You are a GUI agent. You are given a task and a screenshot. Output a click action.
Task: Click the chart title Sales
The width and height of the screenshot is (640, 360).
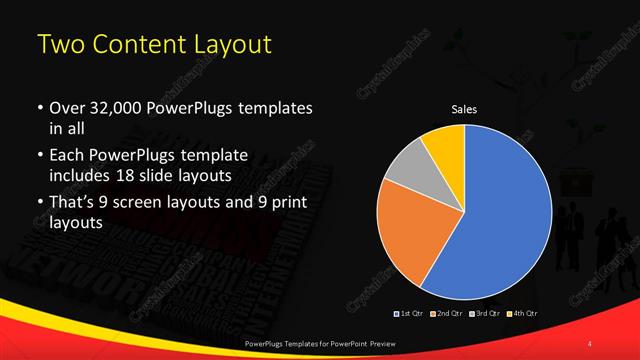464,109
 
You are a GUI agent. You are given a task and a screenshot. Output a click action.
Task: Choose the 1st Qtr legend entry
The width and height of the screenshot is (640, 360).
410,314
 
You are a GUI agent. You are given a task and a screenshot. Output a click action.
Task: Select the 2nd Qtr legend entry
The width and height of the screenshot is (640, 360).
446,314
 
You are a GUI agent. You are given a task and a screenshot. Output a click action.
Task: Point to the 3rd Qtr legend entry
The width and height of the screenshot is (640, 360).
484,314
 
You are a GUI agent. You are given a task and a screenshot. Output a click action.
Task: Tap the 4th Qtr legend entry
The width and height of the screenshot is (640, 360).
522,314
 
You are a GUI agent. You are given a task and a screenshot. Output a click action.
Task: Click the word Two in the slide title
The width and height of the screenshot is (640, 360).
59,45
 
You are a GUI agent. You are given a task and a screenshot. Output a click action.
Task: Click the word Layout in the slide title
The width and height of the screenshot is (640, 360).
227,45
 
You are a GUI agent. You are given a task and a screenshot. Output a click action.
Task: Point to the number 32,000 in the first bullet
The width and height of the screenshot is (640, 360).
111,107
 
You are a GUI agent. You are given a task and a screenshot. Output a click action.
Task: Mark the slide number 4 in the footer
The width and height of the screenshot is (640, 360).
591,343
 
